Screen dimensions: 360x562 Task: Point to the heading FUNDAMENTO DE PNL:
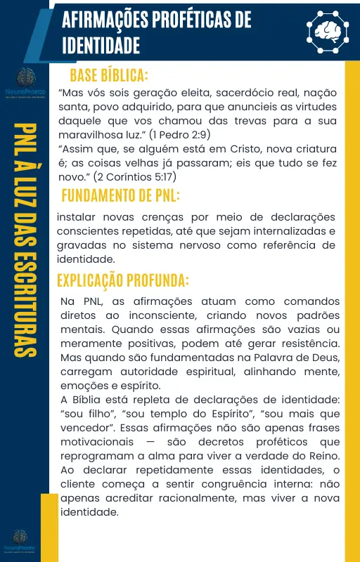120,195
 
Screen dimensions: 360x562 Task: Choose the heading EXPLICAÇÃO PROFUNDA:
123,280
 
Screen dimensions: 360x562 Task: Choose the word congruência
233,484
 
